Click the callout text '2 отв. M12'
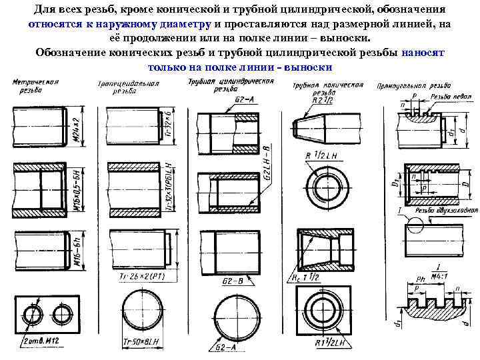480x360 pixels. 39,342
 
